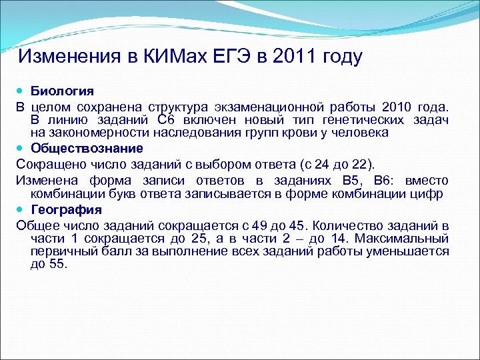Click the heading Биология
pos(62,91)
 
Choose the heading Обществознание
pos(87,147)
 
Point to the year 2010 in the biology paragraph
pos(396,107)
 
